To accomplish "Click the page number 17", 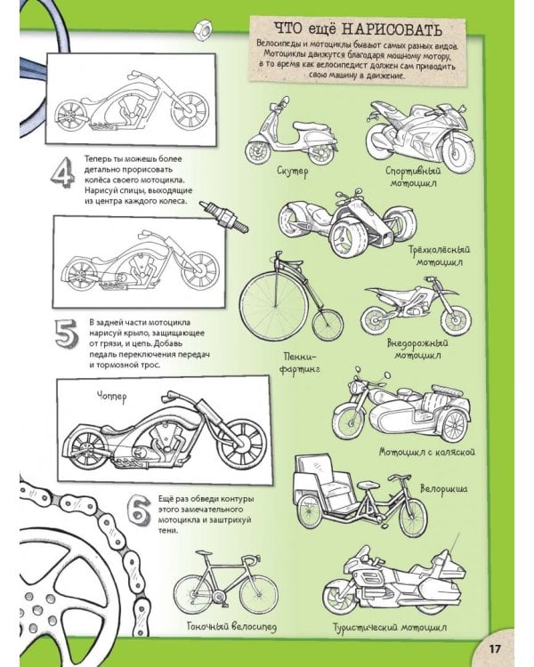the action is click(495, 648).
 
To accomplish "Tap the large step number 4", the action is click(62, 173).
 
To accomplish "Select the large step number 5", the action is click(67, 333).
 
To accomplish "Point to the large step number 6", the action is click(139, 510).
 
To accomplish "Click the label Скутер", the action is click(292, 172).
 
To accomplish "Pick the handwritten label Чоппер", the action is click(111, 398).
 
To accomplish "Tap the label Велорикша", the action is click(443, 489).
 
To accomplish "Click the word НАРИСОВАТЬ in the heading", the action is click(392, 29).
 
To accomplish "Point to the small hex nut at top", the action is click(200, 29).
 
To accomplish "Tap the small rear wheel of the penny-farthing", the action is click(327, 324).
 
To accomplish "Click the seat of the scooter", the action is click(311, 126).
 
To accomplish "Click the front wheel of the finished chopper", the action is click(243, 444).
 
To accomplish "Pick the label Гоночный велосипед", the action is click(231, 626).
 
